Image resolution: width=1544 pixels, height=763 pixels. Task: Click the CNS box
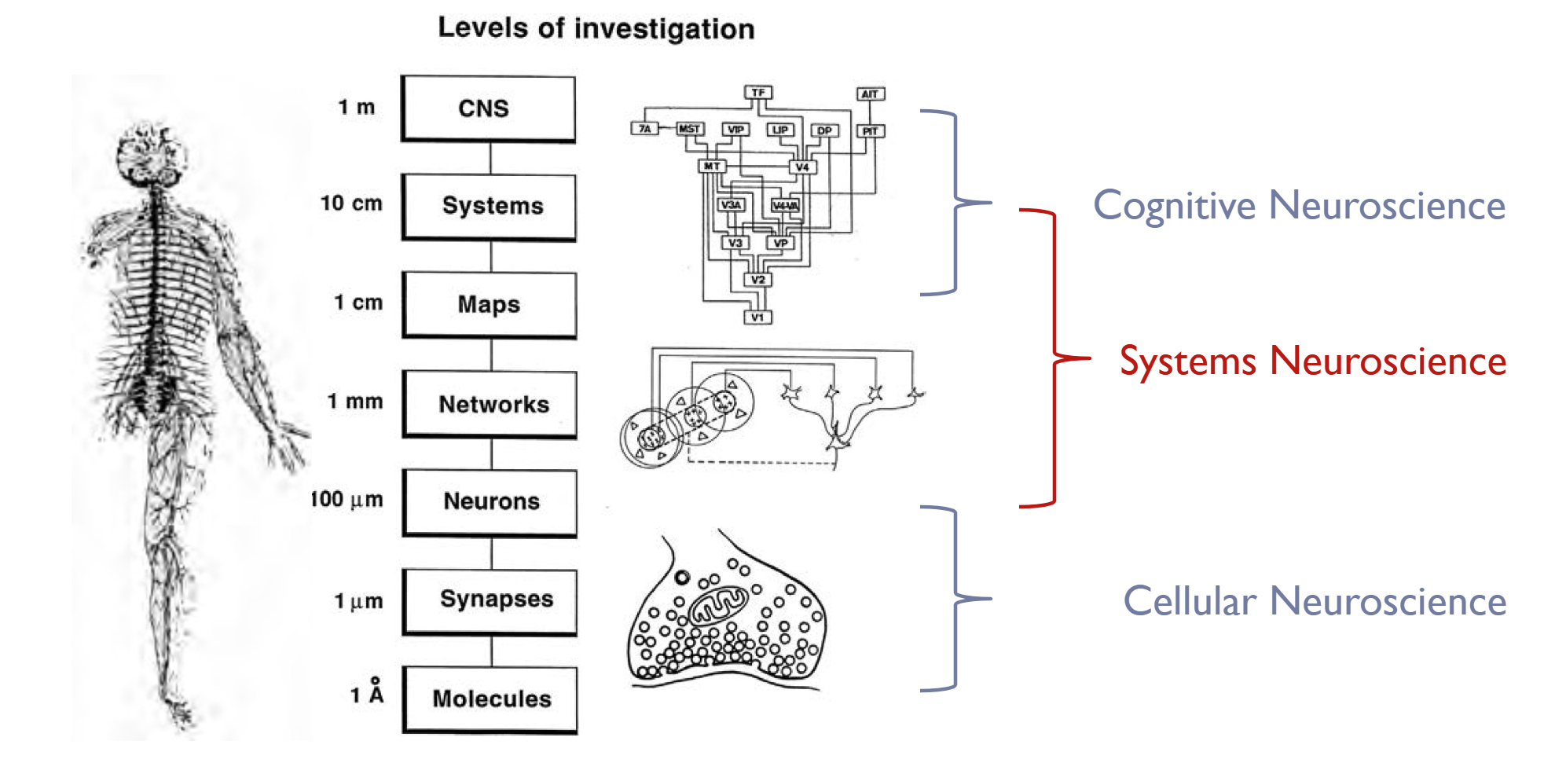(488, 108)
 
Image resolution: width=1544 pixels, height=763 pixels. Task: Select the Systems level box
(490, 207)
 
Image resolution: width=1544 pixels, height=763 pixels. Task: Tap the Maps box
(490, 305)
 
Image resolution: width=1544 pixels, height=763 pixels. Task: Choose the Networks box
(490, 404)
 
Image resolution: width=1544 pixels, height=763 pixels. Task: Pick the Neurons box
(490, 502)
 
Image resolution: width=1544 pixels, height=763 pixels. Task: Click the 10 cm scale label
(351, 204)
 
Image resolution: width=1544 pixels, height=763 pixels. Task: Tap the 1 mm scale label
(355, 402)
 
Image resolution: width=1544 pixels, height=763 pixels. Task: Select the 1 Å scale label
(368, 693)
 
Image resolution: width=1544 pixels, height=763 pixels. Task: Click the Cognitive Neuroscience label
(1299, 206)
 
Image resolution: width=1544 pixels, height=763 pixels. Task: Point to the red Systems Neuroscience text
(1312, 361)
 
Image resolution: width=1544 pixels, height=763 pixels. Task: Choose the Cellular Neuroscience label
(1314, 602)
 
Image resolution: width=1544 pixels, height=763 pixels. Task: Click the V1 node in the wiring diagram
(757, 317)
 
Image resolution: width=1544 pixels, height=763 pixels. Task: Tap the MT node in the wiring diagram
(712, 167)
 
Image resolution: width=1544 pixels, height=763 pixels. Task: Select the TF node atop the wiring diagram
(758, 93)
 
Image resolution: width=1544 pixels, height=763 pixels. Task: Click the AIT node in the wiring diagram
(870, 94)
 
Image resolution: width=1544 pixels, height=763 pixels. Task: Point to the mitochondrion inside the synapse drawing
(718, 606)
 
